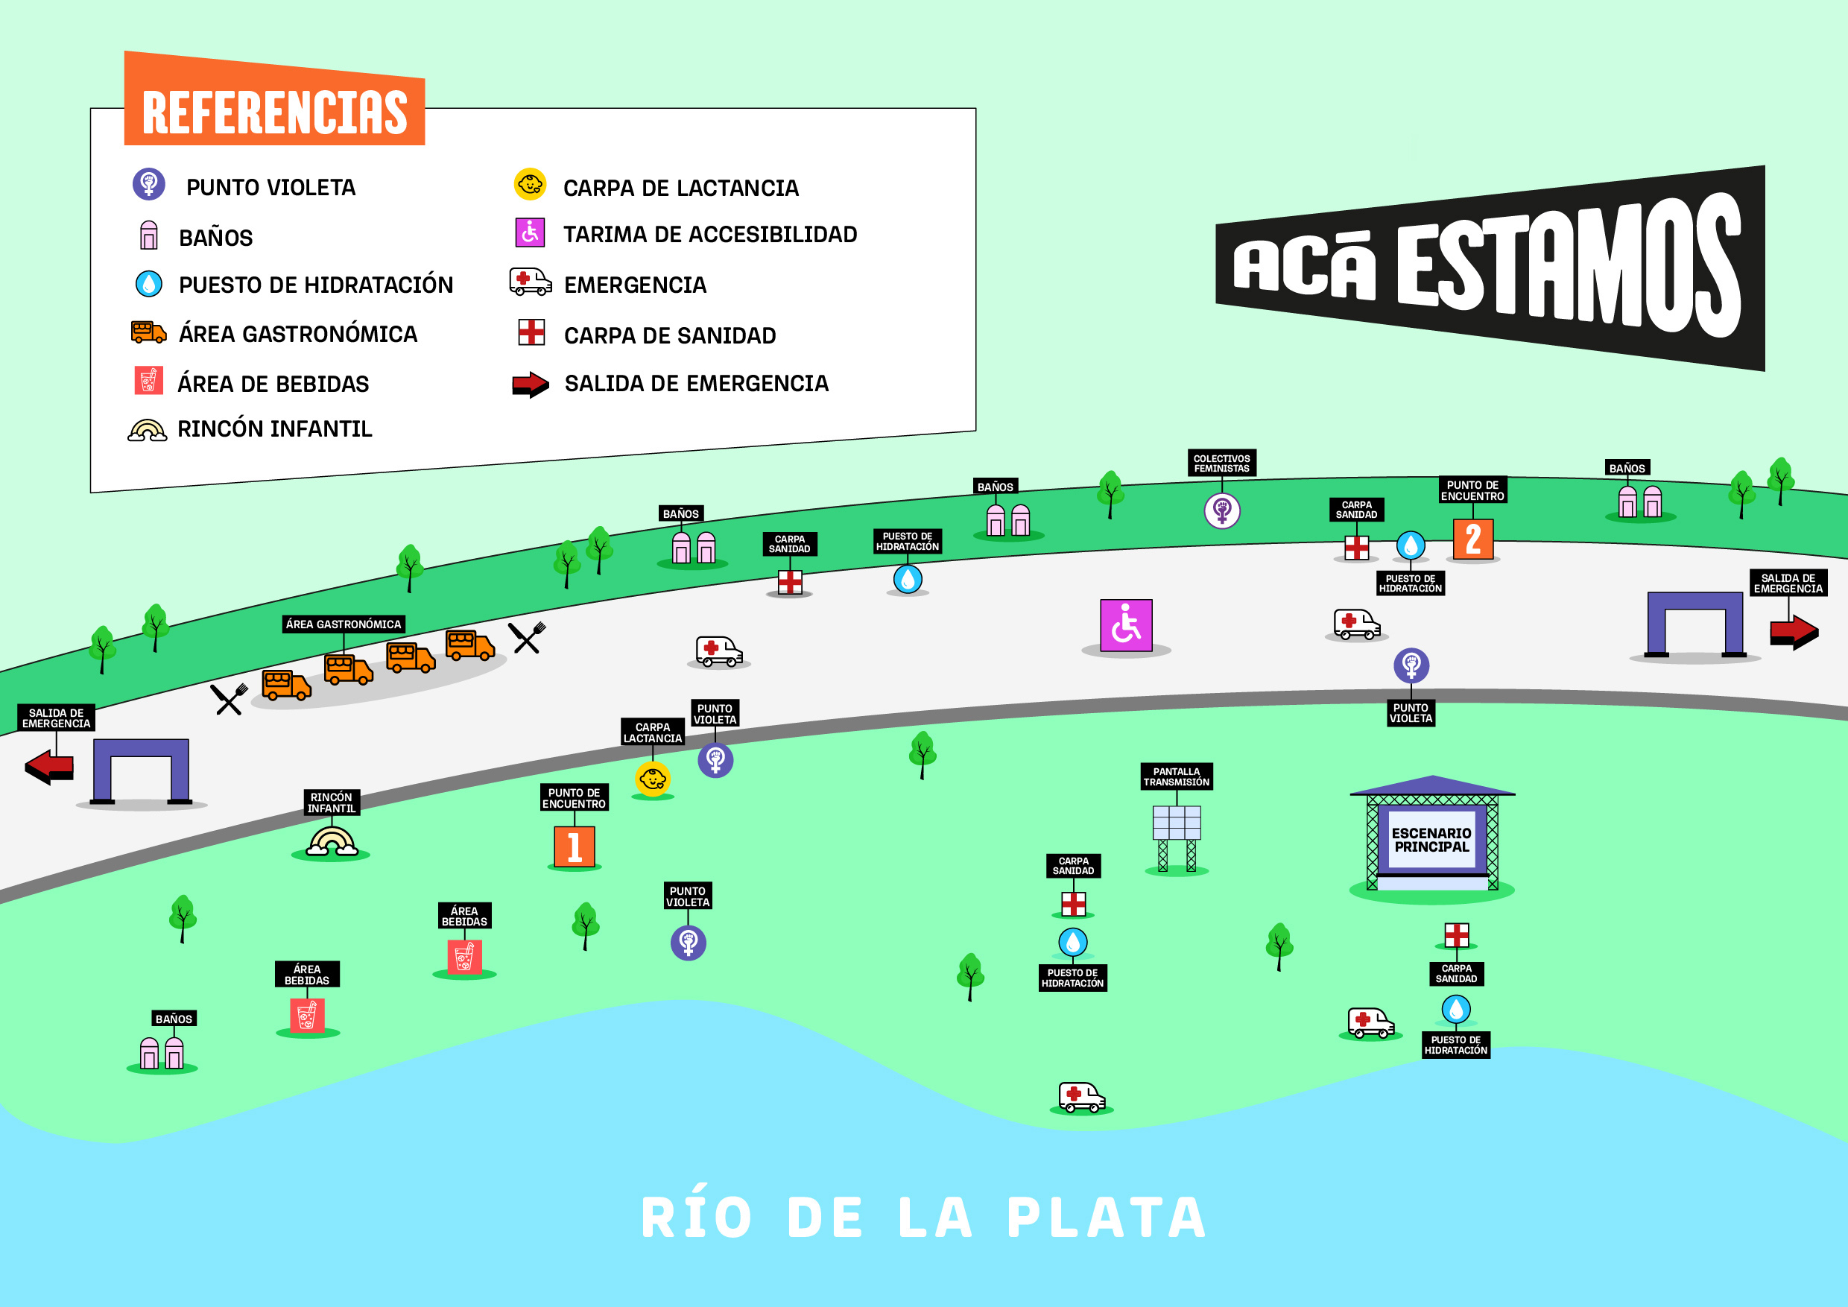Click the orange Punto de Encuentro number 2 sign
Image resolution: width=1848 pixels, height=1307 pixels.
[x=1472, y=539]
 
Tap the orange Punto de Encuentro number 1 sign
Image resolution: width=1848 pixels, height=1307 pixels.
[x=574, y=846]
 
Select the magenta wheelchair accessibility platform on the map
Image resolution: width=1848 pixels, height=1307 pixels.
[x=1125, y=624]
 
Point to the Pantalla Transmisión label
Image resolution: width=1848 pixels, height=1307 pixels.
[x=1176, y=776]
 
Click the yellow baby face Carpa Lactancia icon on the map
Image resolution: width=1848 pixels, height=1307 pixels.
[x=652, y=779]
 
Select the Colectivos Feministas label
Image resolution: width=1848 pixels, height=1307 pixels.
[x=1221, y=463]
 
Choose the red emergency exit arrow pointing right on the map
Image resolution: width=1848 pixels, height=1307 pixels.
[x=1794, y=632]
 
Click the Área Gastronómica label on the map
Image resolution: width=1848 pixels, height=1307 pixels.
[x=344, y=624]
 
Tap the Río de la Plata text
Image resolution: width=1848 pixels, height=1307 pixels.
[x=923, y=1218]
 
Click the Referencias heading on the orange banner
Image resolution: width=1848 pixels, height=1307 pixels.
[x=274, y=112]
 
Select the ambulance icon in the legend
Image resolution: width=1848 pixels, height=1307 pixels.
[x=531, y=282]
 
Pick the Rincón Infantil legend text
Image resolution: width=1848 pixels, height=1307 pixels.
[x=274, y=429]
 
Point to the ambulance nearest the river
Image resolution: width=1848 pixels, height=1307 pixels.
[x=1081, y=1097]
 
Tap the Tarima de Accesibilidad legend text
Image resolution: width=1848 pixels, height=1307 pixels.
[x=710, y=234]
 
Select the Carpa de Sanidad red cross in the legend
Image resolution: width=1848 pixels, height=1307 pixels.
[x=531, y=332]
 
